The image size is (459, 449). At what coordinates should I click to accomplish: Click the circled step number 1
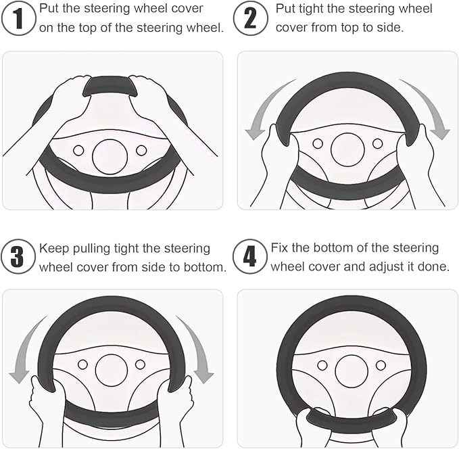click(18, 18)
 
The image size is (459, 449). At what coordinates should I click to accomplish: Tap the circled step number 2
click(251, 18)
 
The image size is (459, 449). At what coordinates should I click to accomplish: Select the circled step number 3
click(18, 256)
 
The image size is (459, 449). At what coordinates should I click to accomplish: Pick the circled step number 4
click(250, 256)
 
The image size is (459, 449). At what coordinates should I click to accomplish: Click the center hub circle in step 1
click(110, 157)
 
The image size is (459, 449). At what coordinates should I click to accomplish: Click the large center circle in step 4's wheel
click(352, 371)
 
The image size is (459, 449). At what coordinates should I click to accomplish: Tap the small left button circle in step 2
click(318, 143)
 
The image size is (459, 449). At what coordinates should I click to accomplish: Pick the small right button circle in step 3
click(140, 364)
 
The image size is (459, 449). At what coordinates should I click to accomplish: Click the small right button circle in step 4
click(381, 365)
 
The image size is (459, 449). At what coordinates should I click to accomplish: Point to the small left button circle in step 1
click(78, 151)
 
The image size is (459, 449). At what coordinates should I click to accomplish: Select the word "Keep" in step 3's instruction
click(53, 249)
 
